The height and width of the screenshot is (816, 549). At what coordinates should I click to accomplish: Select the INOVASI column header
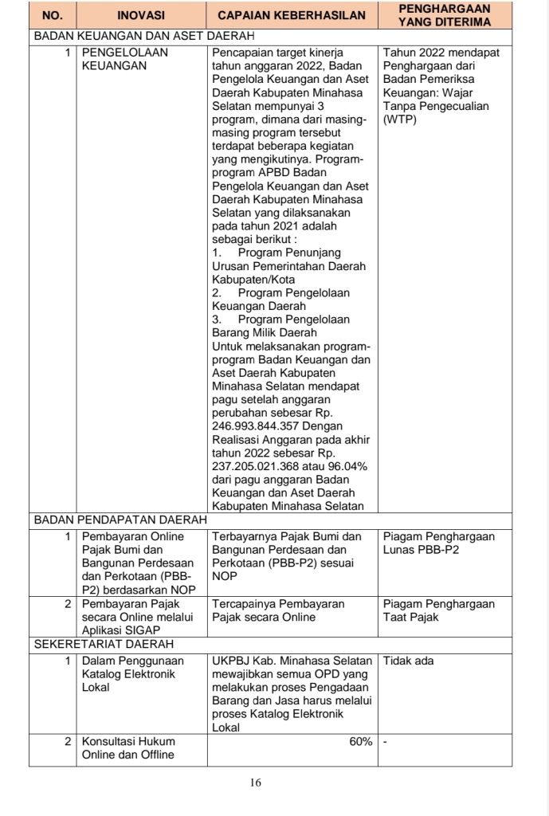pyautogui.click(x=140, y=15)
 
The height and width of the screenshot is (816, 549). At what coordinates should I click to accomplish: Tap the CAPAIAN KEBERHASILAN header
pyautogui.click(x=292, y=15)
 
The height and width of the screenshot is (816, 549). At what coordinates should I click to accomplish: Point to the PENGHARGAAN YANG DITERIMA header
pyautogui.click(x=444, y=15)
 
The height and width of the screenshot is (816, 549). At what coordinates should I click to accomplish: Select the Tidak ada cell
pyautogui.click(x=408, y=661)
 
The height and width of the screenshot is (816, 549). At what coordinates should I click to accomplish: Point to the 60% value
pyautogui.click(x=360, y=742)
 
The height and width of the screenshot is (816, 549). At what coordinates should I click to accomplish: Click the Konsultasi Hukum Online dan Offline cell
pyautogui.click(x=127, y=748)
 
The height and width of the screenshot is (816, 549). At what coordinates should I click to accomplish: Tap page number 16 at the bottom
pyautogui.click(x=256, y=782)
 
